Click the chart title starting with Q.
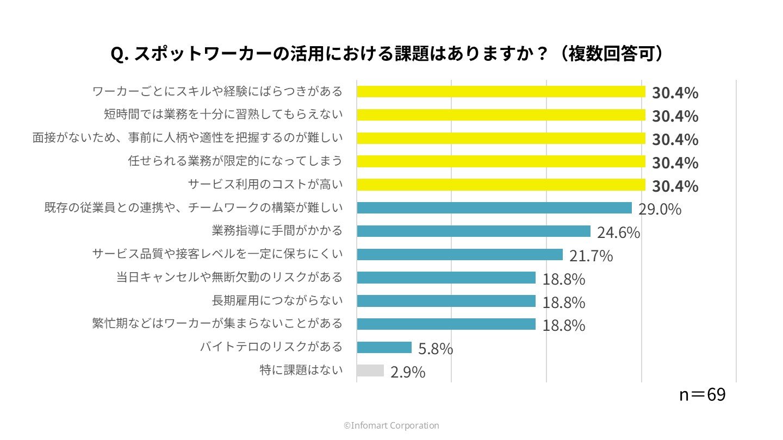(x=388, y=54)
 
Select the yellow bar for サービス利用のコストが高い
(x=501, y=185)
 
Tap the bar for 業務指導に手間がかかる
(x=473, y=231)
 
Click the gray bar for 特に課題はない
(x=370, y=370)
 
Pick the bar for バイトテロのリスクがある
(x=384, y=347)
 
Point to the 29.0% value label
(x=660, y=209)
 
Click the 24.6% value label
(x=618, y=232)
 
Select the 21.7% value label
(x=591, y=256)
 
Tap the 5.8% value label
(x=436, y=349)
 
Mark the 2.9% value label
(x=408, y=372)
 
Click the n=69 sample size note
(x=702, y=395)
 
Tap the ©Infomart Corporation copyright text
(x=391, y=426)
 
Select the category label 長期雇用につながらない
(x=277, y=300)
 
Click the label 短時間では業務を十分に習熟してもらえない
(x=223, y=114)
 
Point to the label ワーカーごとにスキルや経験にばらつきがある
(x=217, y=91)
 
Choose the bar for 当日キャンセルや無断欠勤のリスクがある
(x=446, y=278)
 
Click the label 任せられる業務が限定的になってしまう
(x=235, y=161)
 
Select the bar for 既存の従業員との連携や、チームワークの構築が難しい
(x=494, y=208)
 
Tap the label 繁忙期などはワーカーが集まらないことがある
(x=217, y=324)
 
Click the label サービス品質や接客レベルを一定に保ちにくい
(x=217, y=254)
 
